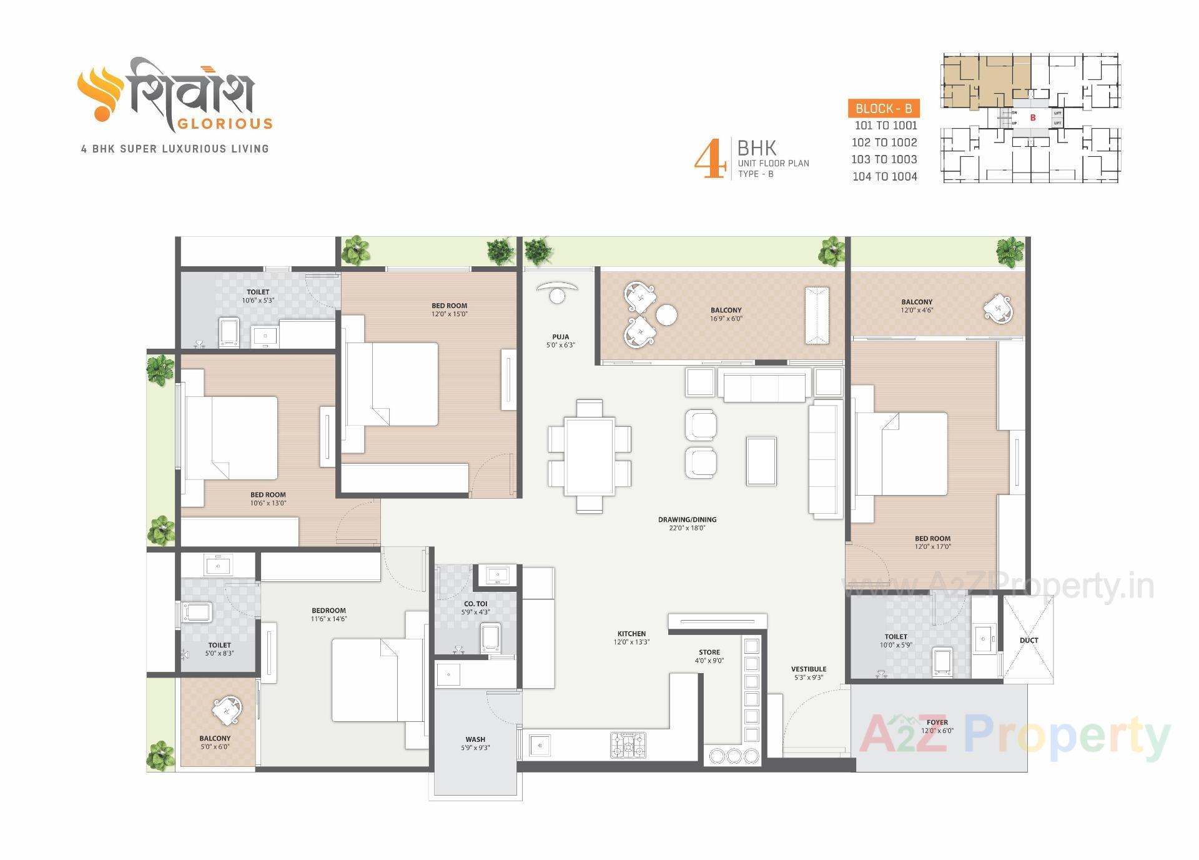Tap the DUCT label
tap(1029, 640)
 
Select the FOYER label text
tap(937, 722)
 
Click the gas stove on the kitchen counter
tap(628, 745)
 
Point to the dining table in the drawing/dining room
tap(589, 456)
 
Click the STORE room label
tap(709, 652)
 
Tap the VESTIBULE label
tap(809, 669)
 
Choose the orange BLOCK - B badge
tap(884, 108)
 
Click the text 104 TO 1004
tap(885, 177)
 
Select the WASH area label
tap(475, 739)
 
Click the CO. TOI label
tap(476, 604)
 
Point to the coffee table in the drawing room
tap(761, 461)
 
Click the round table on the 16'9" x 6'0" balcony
tap(666, 314)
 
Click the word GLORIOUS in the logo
tap(225, 124)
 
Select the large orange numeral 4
tap(710, 160)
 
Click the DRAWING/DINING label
tap(687, 519)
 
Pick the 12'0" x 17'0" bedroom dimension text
tap(932, 547)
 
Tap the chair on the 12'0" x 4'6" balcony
tap(997, 309)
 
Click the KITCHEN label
tap(631, 634)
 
